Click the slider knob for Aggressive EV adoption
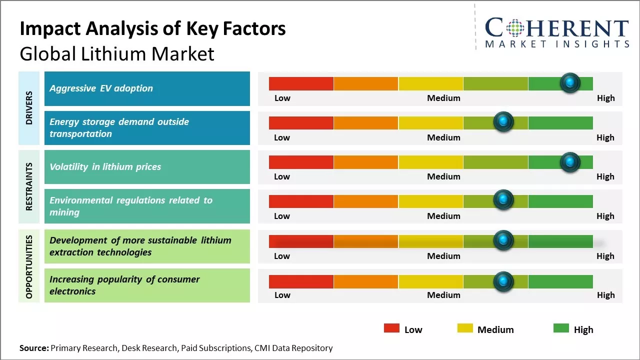[x=570, y=82]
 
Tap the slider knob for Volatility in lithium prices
[x=570, y=162]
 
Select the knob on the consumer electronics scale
[x=503, y=281]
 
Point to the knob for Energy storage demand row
[x=503, y=122]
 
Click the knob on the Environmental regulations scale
[x=503, y=200]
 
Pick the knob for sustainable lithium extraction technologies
[x=503, y=240]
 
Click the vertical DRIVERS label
[x=29, y=108]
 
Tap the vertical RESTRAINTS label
[x=29, y=186]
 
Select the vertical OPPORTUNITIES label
[x=29, y=266]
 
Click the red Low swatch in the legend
[x=391, y=328]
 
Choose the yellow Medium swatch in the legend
[x=465, y=328]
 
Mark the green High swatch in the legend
[x=561, y=328]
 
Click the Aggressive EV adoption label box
[x=147, y=88]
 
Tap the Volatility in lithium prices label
[x=147, y=167]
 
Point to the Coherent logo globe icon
[x=516, y=28]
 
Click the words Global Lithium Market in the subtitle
[x=117, y=54]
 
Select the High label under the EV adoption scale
[x=605, y=98]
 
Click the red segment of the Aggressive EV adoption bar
[x=301, y=83]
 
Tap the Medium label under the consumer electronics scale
[x=443, y=295]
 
